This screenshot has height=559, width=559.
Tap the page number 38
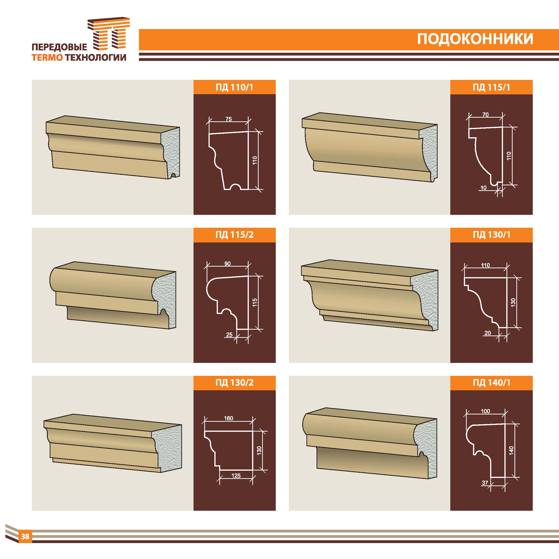click(25, 537)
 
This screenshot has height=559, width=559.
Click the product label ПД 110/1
click(234, 87)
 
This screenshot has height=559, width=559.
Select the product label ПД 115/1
click(491, 87)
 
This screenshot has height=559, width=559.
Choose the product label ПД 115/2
click(234, 235)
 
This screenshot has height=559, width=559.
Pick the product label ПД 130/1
click(491, 235)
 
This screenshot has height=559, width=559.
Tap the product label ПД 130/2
click(234, 383)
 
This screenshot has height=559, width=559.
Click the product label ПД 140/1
click(491, 383)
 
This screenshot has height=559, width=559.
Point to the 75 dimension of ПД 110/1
click(229, 119)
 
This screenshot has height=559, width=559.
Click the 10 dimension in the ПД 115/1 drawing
click(483, 188)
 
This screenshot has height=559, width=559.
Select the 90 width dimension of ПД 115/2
click(227, 264)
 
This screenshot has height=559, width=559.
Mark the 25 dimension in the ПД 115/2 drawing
click(229, 335)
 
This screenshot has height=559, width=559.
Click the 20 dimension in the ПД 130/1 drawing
click(487, 333)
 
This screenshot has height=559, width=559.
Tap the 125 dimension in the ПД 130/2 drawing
click(236, 475)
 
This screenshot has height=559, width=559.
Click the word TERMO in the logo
click(47, 58)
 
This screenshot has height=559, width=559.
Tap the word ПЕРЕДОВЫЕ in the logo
click(59, 47)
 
